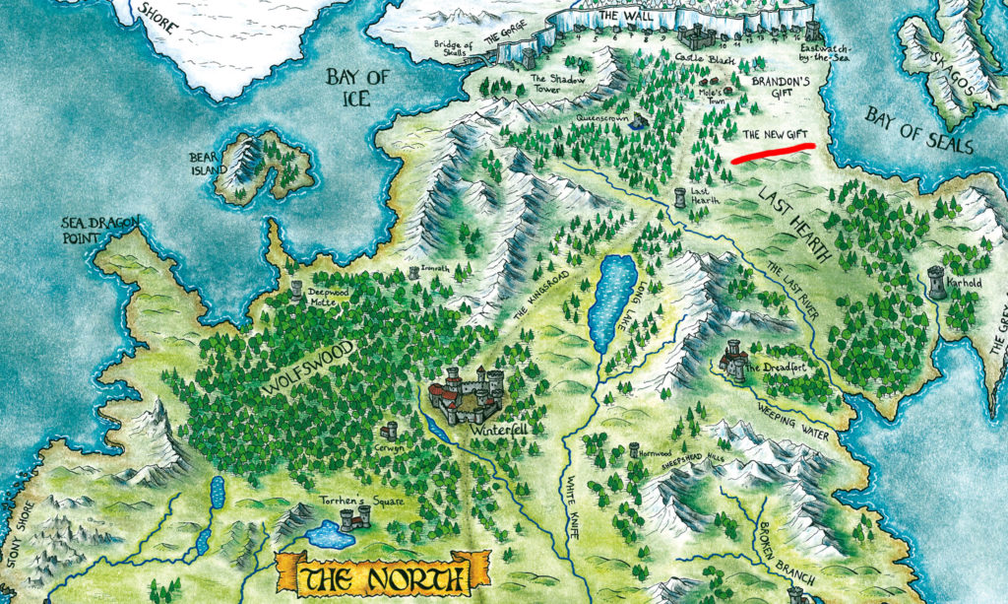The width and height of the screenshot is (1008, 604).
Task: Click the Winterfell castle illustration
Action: [x=466, y=391]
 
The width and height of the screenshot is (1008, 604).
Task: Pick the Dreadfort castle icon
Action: [x=733, y=359]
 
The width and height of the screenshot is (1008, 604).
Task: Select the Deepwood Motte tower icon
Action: [x=296, y=290]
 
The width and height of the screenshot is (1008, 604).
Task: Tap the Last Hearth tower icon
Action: [x=680, y=197]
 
